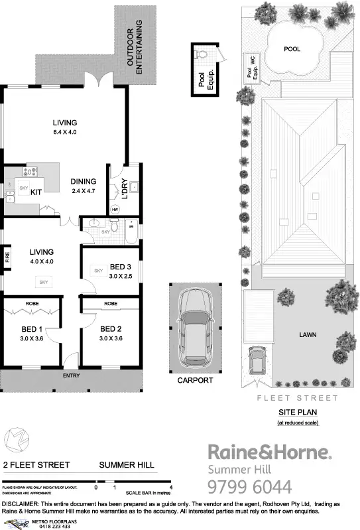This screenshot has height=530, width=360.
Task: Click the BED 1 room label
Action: pyautogui.click(x=31, y=328)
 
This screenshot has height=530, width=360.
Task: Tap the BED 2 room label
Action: pyautogui.click(x=111, y=328)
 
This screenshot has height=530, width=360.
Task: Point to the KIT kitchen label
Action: pyautogui.click(x=36, y=192)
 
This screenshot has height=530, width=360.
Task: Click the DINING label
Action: pyautogui.click(x=84, y=182)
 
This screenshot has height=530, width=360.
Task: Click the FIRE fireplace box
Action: pyautogui.click(x=7, y=256)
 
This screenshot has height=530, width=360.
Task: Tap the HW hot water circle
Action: pyautogui.click(x=115, y=210)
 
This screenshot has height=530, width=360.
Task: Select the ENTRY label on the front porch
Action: pyautogui.click(x=71, y=376)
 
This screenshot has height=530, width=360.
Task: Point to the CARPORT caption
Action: pyautogui.click(x=195, y=381)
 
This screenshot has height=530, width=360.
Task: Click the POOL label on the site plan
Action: pyautogui.click(x=292, y=49)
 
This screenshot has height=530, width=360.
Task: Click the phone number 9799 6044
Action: pyautogui.click(x=249, y=488)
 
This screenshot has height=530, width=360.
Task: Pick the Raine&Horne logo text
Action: pyautogui.click(x=270, y=453)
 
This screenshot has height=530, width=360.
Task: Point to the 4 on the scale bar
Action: pyautogui.click(x=172, y=488)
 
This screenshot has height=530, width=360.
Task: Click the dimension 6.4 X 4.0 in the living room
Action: pyautogui.click(x=66, y=132)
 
